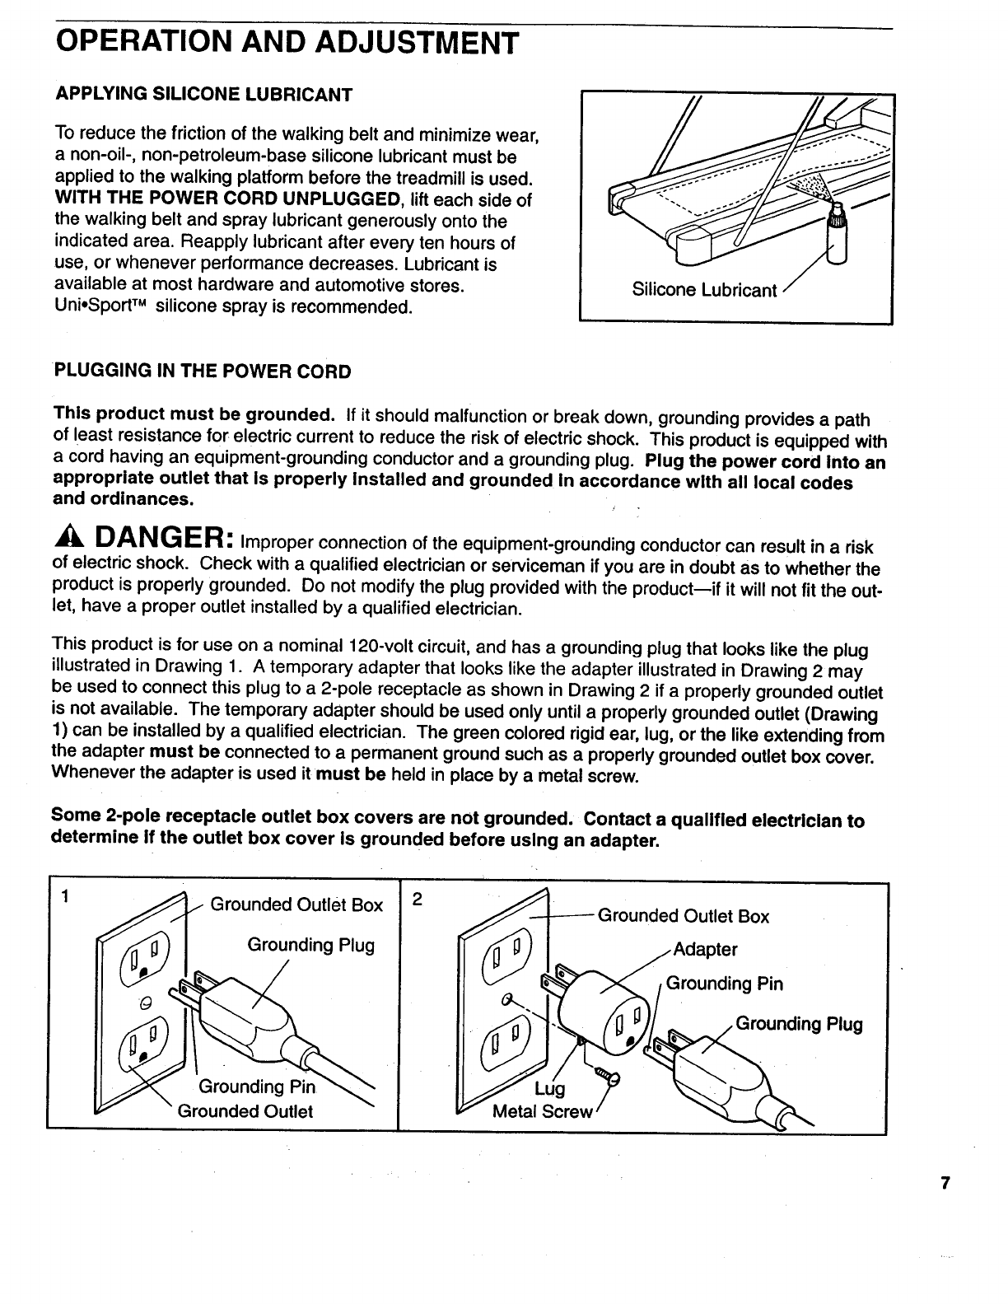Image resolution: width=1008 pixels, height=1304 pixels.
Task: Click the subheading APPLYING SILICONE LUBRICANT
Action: pos(203,95)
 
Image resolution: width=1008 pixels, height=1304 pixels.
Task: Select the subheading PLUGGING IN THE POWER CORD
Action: pos(203,372)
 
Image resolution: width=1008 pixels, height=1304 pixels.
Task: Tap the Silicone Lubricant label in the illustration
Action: pos(704,290)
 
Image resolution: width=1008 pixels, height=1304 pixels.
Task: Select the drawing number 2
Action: pos(417,900)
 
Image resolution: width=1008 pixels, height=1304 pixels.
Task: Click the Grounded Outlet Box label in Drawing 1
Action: pos(296,905)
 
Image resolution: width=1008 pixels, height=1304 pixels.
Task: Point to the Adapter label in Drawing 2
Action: pos(705,950)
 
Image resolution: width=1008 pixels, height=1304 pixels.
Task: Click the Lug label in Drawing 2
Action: pos(550,1089)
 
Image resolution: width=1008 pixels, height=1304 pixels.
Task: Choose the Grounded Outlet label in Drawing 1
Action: pos(245,1111)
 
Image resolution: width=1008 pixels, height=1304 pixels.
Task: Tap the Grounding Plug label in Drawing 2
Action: pos(799,1025)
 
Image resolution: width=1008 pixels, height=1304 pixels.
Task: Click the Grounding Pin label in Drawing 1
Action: pos(257,1087)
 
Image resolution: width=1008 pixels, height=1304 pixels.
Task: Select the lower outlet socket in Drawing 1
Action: pos(145,1045)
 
